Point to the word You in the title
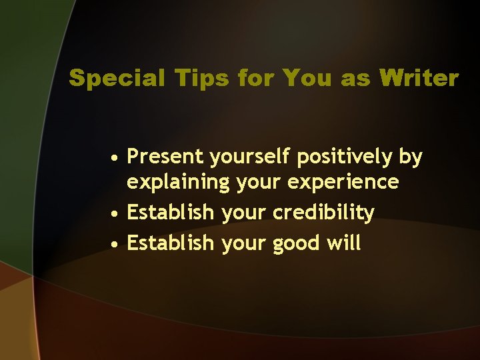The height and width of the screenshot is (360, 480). (309, 78)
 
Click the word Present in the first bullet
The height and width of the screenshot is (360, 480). (165, 157)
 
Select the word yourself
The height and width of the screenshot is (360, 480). (251, 158)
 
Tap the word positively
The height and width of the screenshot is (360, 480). (345, 158)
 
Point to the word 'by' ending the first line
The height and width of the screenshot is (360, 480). (411, 158)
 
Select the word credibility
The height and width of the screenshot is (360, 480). (323, 213)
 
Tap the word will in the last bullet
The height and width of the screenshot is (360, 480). (345, 243)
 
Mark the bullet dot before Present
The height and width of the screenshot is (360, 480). (116, 159)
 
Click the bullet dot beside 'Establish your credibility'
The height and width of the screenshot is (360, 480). (116, 214)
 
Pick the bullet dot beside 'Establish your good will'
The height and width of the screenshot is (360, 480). (116, 244)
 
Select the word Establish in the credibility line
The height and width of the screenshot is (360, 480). (171, 213)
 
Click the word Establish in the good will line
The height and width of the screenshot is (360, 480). (171, 243)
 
